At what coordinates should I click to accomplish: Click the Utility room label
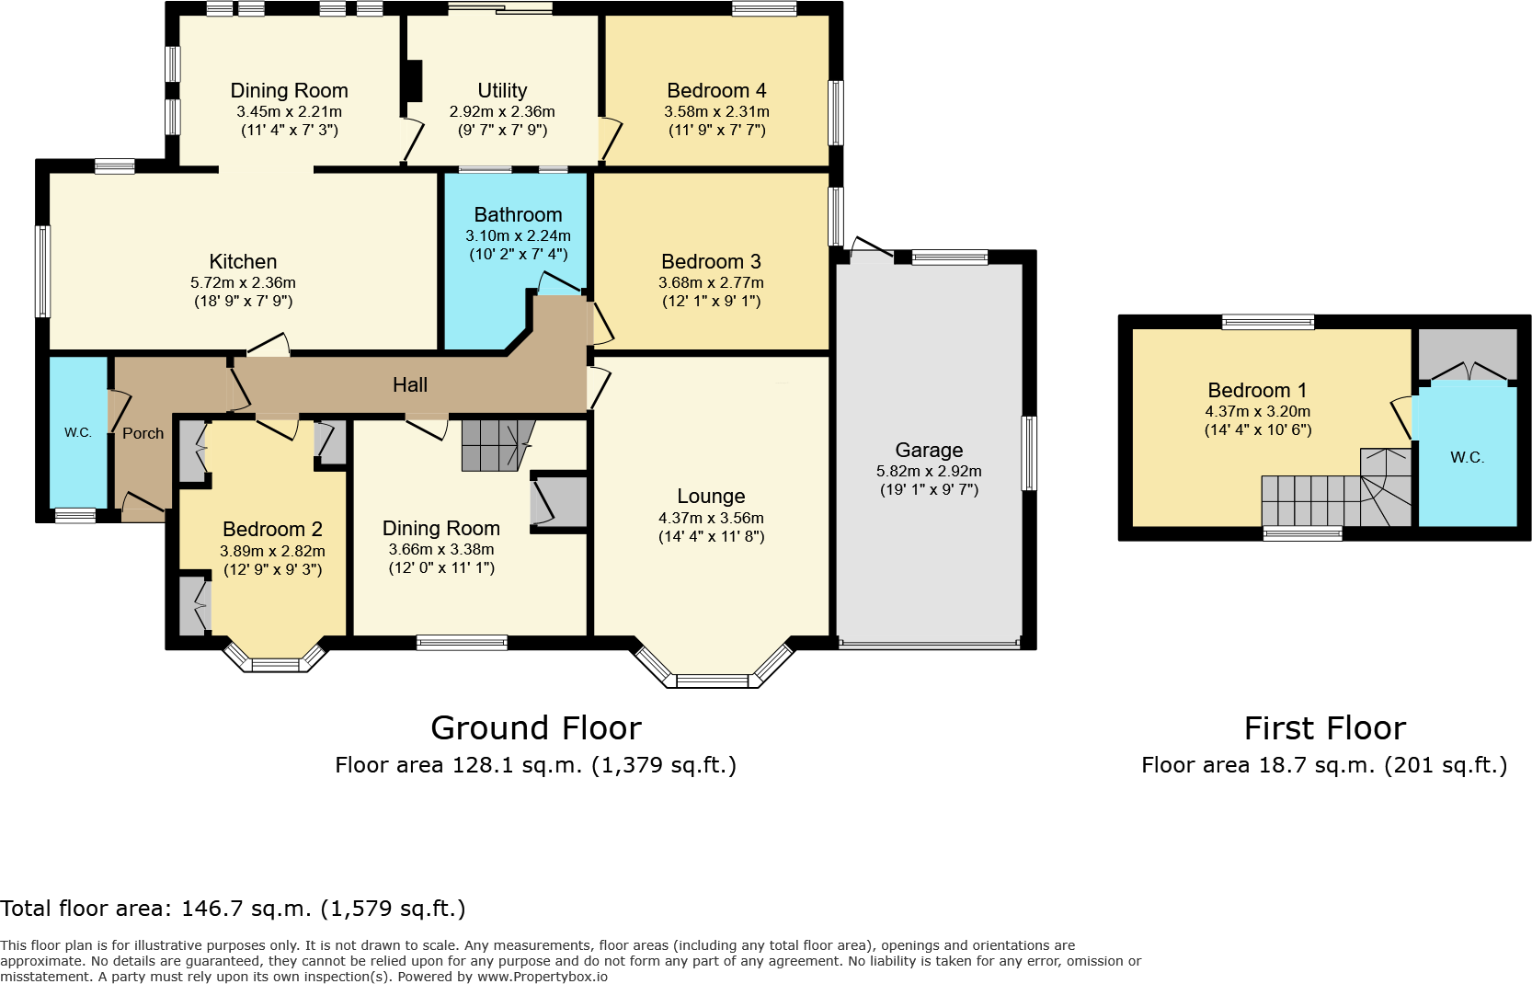point(502,91)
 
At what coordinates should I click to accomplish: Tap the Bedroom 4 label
point(716,91)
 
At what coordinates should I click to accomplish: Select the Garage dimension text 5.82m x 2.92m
point(929,471)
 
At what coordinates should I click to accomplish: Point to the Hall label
point(410,385)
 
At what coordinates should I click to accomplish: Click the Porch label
point(143,433)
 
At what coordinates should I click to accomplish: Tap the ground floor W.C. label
point(78,432)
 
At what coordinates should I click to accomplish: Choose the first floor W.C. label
point(1467,457)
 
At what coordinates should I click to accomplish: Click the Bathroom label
point(518,214)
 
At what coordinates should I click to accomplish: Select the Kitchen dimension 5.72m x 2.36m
point(243,282)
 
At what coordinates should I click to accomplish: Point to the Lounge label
point(712,497)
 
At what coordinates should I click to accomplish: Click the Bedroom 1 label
point(1257,391)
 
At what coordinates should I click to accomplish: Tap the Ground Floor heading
point(536,727)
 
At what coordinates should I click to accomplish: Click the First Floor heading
point(1325,727)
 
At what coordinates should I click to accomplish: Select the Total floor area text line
point(233,909)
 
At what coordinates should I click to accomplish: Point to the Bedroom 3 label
point(712,262)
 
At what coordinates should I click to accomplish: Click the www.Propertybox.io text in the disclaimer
point(543,977)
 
